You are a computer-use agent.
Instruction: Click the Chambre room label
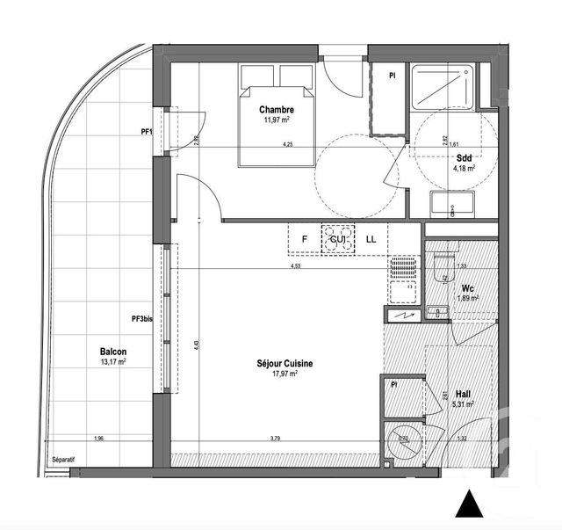275,109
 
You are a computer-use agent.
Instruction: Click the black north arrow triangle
472,505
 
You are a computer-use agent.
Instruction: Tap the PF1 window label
147,133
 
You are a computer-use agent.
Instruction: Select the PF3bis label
142,319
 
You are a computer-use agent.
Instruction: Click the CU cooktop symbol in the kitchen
338,239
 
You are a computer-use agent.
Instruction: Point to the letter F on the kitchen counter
305,239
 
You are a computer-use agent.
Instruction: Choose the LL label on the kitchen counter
371,239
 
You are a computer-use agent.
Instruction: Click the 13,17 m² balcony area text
112,361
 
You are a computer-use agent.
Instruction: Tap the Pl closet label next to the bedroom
392,75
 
